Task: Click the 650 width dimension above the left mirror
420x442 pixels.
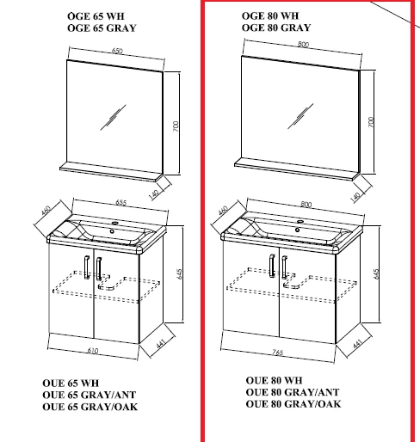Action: coord(117,51)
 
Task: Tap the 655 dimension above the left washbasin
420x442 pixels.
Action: coord(120,202)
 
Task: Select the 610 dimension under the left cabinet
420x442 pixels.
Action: coord(93,350)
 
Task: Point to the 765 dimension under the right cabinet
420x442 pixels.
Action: coord(278,352)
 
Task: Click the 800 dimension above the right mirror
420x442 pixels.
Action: coord(303,44)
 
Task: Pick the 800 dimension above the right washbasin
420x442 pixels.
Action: coord(306,205)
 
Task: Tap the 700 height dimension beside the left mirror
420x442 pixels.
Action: coord(176,126)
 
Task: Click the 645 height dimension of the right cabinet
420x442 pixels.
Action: coord(377,273)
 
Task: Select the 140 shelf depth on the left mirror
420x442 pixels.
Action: coord(154,194)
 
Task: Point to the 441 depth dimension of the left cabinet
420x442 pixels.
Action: coord(161,343)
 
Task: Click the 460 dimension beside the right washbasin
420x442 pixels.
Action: coord(223,210)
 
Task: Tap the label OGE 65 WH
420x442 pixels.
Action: coord(96,16)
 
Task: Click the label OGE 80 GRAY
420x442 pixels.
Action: coord(276,28)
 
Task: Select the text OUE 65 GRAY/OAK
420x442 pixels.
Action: coord(90,407)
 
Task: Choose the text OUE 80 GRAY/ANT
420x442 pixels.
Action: coord(293,392)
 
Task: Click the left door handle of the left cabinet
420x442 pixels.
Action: coord(87,267)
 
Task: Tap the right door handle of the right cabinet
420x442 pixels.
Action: coord(284,267)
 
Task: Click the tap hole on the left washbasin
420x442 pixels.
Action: coord(115,223)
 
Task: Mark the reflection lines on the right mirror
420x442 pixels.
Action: coord(300,116)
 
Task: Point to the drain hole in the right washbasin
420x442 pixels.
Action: coord(298,230)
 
